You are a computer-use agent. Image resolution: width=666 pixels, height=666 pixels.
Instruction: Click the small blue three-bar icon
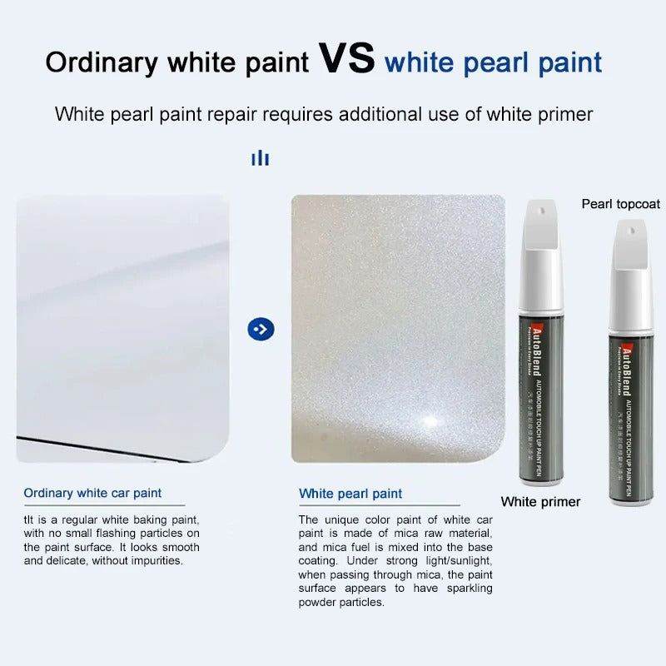click(261, 158)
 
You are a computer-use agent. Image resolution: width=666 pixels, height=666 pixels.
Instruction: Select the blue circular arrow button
click(261, 329)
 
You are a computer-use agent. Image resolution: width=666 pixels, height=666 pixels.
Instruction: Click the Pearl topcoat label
click(620, 204)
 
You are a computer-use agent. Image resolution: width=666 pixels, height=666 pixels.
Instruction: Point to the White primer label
click(540, 501)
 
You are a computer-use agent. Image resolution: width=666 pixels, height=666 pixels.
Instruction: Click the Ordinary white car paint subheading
click(92, 494)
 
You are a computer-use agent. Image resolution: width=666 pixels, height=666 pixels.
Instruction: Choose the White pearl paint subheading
click(350, 494)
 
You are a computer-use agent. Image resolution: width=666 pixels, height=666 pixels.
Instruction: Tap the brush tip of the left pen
click(539, 226)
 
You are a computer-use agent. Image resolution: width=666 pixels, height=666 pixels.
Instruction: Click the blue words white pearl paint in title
click(493, 62)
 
